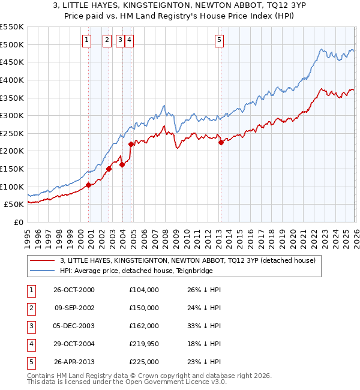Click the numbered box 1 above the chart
pos(87,40)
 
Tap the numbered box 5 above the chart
pos(219,40)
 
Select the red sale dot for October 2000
pos(89,185)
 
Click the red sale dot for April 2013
pos(221,142)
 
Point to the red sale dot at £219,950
pos(131,144)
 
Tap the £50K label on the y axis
pos(14,205)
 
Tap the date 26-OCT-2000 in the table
pos(74,290)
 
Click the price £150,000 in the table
pos(143,308)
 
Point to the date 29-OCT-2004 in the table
pos(74,344)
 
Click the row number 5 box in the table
pos(29,362)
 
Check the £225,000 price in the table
pos(143,362)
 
